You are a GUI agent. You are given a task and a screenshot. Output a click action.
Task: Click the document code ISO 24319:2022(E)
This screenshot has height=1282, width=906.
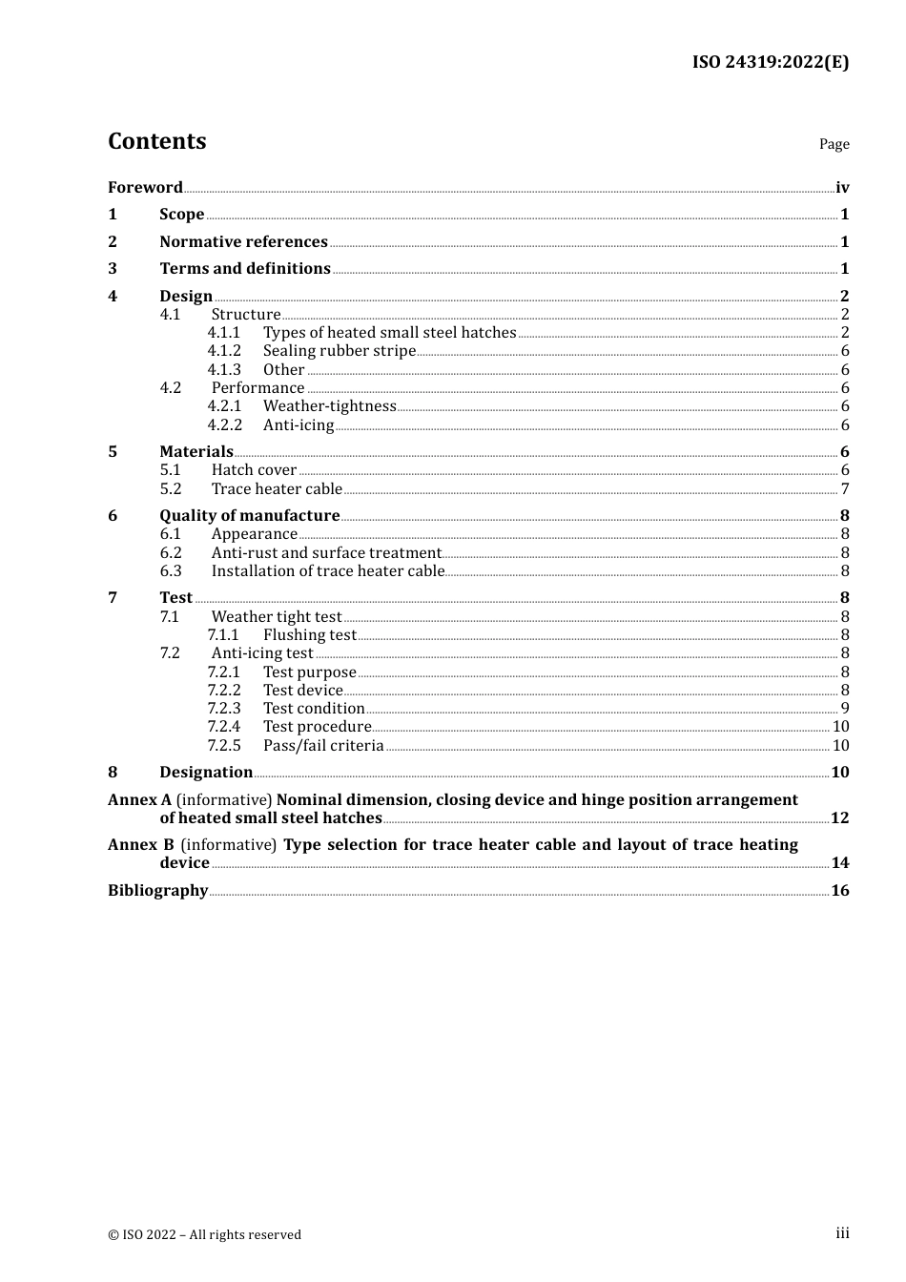point(770,62)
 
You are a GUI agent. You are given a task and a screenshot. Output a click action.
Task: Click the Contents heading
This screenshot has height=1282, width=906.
point(156,141)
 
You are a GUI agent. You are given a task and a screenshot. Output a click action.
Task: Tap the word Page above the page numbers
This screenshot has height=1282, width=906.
point(834,144)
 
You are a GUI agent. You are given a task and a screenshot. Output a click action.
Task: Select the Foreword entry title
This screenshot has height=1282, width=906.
point(145,188)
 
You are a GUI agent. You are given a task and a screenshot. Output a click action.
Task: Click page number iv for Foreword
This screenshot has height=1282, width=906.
point(842,188)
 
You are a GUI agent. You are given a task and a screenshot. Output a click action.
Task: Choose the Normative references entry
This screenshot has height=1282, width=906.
point(243,242)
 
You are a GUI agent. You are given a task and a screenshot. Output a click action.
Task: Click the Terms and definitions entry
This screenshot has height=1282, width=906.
point(245,269)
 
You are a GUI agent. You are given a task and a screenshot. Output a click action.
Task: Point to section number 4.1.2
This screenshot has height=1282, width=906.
point(224,351)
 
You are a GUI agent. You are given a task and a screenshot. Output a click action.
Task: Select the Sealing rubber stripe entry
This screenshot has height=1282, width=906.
point(340,351)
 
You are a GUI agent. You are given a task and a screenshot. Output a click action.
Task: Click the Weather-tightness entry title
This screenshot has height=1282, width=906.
point(329,406)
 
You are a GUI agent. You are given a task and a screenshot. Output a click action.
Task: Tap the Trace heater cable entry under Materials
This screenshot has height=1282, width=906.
point(277,489)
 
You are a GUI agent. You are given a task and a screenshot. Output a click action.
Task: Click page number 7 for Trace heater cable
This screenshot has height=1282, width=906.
point(845,489)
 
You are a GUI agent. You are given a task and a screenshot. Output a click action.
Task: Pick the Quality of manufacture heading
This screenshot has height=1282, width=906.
point(250,516)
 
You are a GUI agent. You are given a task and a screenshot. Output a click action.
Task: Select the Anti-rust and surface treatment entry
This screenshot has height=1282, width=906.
point(326,553)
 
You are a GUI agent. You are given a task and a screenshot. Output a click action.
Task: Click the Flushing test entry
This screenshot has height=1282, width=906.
point(310,635)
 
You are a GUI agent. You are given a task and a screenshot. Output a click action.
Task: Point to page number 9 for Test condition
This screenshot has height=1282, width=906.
point(845,709)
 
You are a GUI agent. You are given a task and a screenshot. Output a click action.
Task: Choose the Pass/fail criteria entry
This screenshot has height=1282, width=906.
point(323,746)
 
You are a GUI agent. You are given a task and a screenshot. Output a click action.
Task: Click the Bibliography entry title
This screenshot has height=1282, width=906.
point(157,891)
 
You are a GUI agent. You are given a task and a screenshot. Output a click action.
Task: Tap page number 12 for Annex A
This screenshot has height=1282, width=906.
point(839,818)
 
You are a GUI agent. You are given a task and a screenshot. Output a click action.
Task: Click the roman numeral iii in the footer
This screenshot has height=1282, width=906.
point(842,1233)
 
